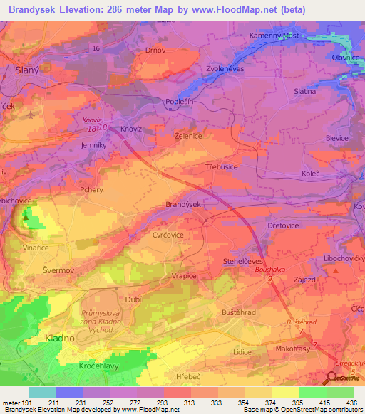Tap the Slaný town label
[x=27, y=70]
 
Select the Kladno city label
[x=59, y=339]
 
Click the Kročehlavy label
[x=83, y=365]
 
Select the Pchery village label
[x=93, y=191]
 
